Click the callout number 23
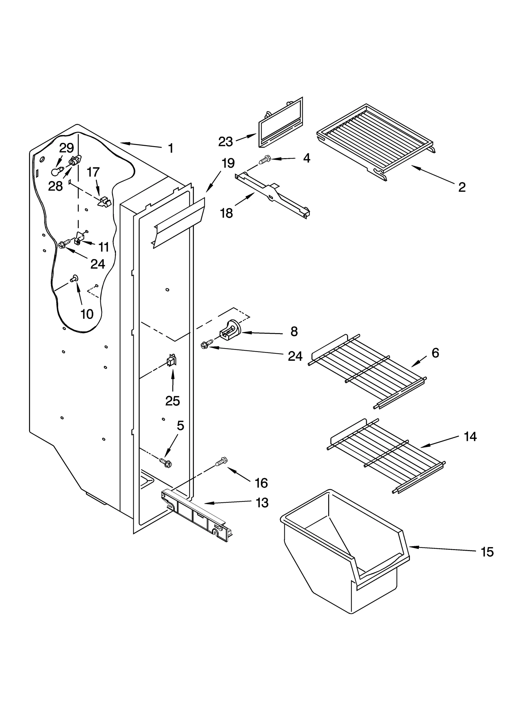click(225, 142)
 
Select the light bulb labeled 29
click(56, 171)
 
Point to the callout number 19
click(228, 163)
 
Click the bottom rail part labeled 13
click(196, 516)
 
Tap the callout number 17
click(93, 172)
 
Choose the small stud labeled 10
click(74, 278)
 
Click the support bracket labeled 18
click(273, 195)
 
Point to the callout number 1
click(171, 148)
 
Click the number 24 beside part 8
click(295, 356)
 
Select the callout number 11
click(104, 247)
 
